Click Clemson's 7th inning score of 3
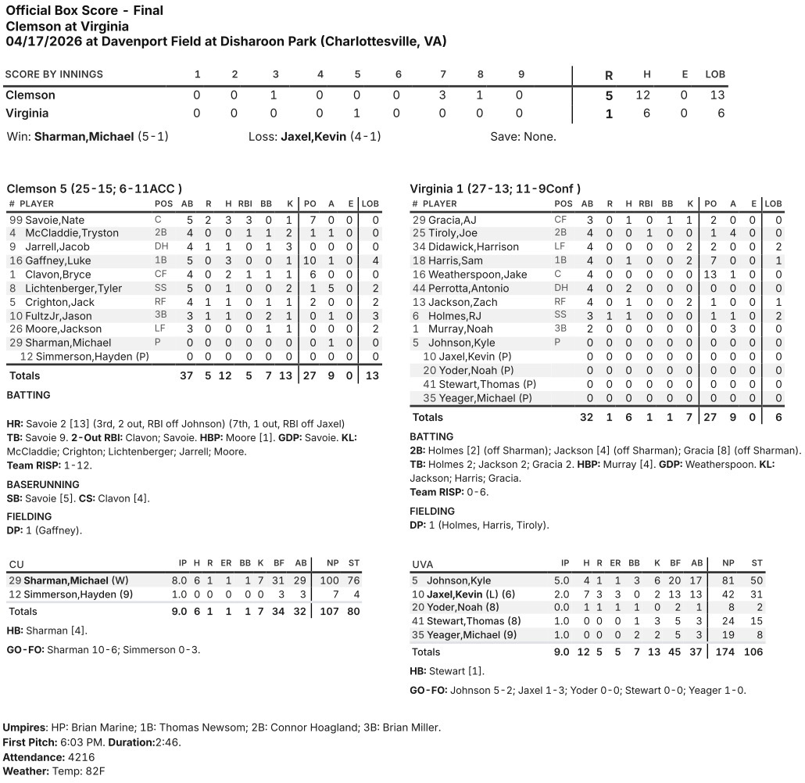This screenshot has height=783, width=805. tap(442, 95)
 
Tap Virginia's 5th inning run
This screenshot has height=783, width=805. tap(357, 113)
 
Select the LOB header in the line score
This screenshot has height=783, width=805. tap(715, 74)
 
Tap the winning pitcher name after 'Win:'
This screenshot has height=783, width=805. tap(84, 136)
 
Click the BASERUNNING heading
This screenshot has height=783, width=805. tap(43, 485)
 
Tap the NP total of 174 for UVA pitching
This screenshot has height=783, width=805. tap(728, 652)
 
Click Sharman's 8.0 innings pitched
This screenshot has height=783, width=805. tap(183, 580)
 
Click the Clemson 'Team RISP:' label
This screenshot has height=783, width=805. tap(31, 465)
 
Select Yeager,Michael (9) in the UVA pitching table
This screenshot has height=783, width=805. tap(470, 636)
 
